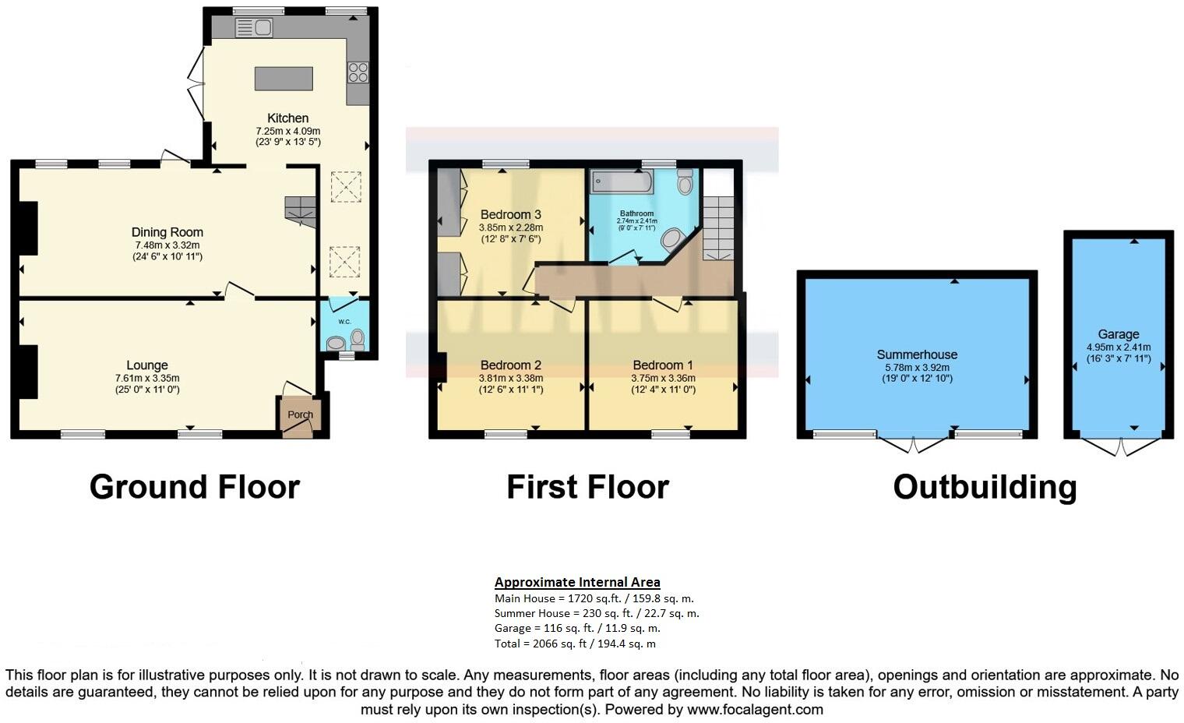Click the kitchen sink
click(x=253, y=28)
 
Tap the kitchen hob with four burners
click(x=358, y=72)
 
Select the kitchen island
click(x=284, y=79)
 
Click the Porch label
click(x=300, y=414)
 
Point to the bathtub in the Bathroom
click(x=622, y=182)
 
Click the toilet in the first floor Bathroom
click(x=685, y=182)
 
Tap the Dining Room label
click(x=167, y=232)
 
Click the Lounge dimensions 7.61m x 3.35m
click(x=147, y=379)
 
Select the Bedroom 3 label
click(x=510, y=214)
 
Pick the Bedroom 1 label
click(x=663, y=365)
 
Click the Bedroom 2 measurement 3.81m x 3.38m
click(x=510, y=379)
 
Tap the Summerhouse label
click(x=917, y=354)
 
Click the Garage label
click(x=1119, y=333)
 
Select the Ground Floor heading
click(x=194, y=487)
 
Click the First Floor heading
click(x=587, y=487)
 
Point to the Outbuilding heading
click(x=985, y=487)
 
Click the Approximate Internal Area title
click(x=577, y=582)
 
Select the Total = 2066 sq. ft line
click(x=575, y=644)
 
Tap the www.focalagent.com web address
click(x=753, y=710)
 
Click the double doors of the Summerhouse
click(x=915, y=444)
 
